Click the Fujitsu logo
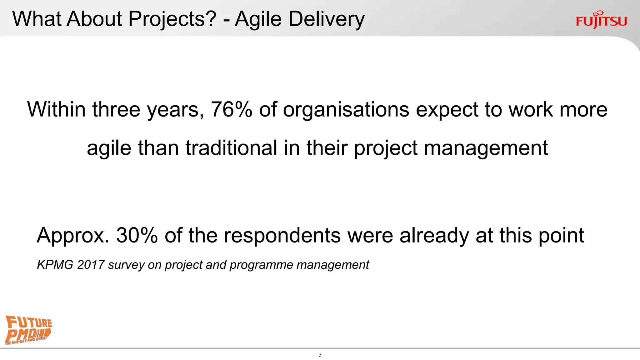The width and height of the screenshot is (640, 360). point(601,20)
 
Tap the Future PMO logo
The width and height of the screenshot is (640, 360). point(28,330)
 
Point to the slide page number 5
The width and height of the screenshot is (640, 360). point(320,355)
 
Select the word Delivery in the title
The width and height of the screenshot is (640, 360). point(326,19)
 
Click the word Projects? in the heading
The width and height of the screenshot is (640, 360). point(172,19)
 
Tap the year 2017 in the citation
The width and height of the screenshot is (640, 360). point(91,265)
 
